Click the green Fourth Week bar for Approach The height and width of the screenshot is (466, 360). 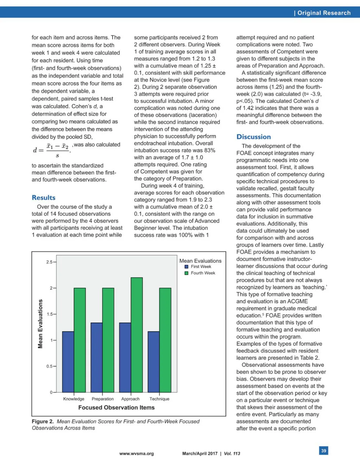137,335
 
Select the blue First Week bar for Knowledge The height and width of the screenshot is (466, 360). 68,362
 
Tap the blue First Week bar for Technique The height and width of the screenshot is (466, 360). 154,362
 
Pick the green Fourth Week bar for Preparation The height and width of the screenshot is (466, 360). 108,340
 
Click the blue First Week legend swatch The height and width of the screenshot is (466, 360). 187,267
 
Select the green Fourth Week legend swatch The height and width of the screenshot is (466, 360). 187,273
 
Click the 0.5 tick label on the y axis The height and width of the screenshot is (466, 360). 50,366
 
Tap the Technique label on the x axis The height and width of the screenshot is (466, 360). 159,399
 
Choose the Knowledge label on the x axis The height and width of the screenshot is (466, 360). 74,399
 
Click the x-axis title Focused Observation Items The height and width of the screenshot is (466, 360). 116,408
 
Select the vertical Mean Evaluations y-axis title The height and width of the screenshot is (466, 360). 40,324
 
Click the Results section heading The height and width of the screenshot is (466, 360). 44,198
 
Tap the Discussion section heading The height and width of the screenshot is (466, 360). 253,137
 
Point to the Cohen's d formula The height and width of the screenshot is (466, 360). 52,150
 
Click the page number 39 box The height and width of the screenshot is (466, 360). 324,451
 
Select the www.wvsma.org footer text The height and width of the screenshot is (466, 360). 136,454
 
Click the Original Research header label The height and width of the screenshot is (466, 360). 324,13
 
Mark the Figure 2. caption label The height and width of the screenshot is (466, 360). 43,421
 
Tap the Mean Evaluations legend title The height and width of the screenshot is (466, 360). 200,261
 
